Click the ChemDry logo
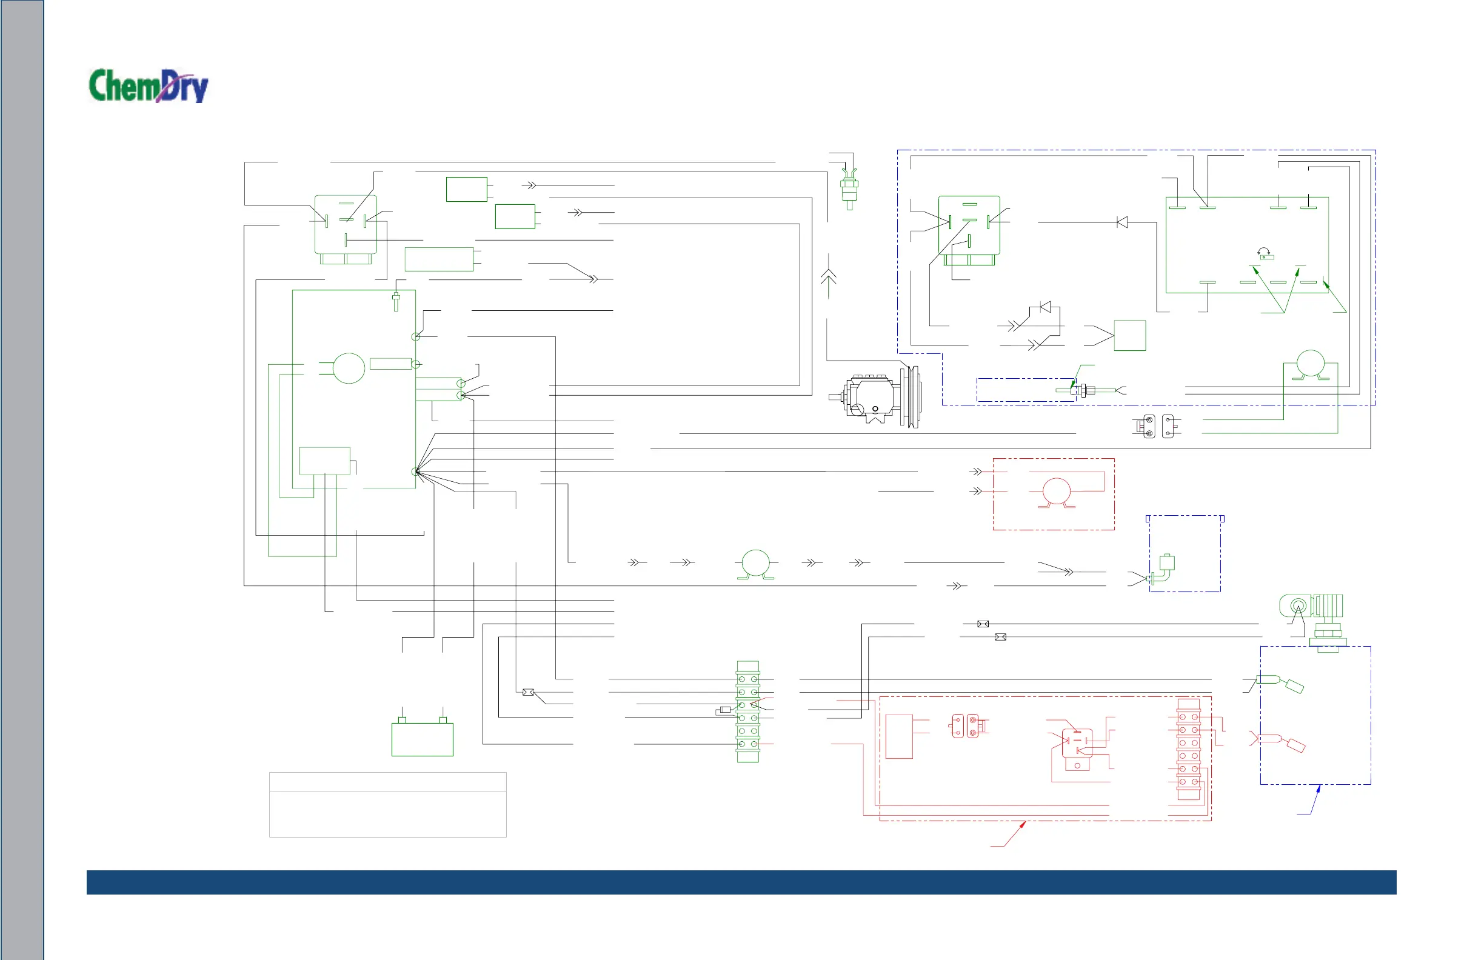coord(149,85)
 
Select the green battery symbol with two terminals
coord(422,738)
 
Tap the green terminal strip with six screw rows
coord(747,712)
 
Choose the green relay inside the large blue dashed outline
coord(969,228)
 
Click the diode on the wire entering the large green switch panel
coord(1121,222)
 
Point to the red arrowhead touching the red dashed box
coord(1023,825)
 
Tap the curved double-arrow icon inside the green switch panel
coord(1264,253)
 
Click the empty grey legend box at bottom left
coord(387,804)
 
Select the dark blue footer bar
coord(741,882)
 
